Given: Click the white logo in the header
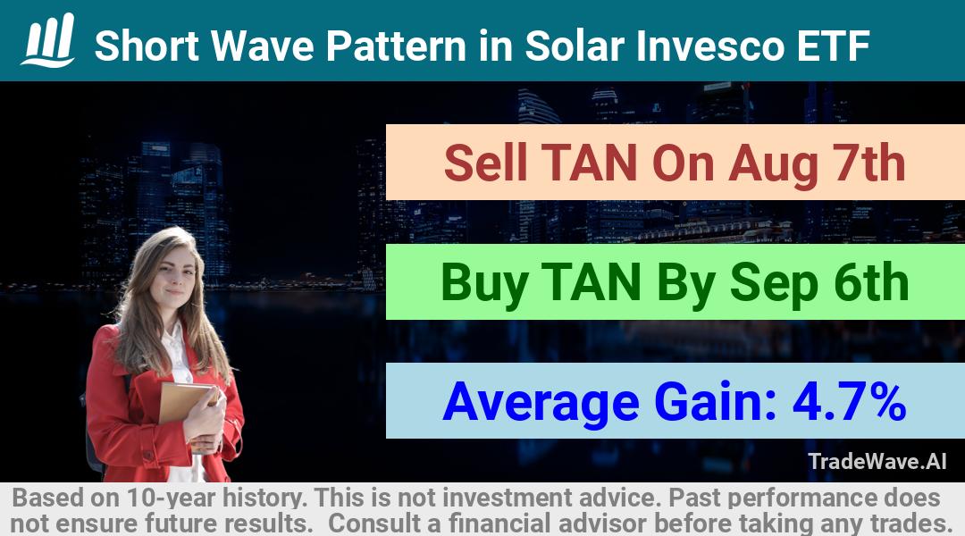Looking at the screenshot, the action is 48,39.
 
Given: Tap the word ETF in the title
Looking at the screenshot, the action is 834,46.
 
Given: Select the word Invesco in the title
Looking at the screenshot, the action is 711,46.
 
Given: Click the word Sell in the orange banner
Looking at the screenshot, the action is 485,163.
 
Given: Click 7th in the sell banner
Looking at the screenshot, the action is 869,163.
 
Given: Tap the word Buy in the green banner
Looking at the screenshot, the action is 484,283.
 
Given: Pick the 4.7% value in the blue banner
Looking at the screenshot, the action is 850,401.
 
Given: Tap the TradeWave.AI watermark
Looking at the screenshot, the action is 877,461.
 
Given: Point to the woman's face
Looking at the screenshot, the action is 175,275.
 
